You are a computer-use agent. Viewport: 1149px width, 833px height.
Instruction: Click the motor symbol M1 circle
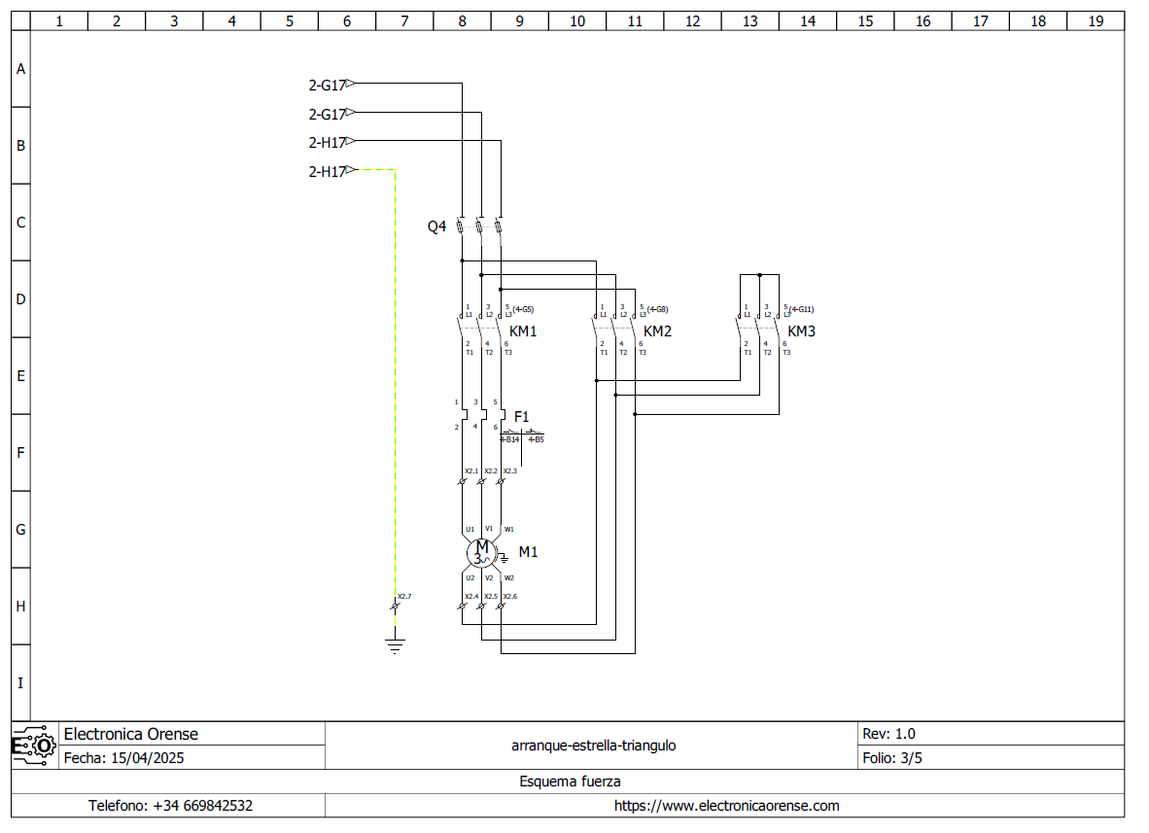tap(481, 553)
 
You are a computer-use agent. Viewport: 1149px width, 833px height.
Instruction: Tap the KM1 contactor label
tap(523, 331)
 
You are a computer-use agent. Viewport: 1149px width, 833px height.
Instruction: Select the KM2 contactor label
tap(657, 331)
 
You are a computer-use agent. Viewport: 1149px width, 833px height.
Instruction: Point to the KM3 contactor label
tap(801, 331)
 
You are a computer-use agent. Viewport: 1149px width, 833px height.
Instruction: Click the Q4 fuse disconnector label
tap(436, 226)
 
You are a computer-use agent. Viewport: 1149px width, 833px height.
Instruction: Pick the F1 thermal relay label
tap(521, 417)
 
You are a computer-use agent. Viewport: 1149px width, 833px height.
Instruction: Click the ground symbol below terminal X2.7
tap(394, 644)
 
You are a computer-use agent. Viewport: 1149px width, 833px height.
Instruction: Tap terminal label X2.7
tap(404, 596)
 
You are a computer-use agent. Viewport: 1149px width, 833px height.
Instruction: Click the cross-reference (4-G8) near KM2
tap(657, 309)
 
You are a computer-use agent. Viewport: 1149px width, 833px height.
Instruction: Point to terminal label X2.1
tap(470, 471)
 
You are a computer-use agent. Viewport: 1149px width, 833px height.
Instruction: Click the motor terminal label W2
tap(508, 577)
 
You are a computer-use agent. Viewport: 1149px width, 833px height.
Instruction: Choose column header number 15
tap(865, 20)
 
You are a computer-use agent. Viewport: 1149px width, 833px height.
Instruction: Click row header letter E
tap(20, 376)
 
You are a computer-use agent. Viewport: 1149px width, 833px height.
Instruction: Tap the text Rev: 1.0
tap(888, 734)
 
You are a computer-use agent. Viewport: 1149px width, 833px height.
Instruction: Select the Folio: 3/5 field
tap(891, 758)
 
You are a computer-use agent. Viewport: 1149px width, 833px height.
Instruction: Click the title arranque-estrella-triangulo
tap(593, 746)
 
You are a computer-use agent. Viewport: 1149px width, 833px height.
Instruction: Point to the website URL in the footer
tap(726, 806)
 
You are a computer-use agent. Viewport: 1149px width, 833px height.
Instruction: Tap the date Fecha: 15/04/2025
tap(123, 758)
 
